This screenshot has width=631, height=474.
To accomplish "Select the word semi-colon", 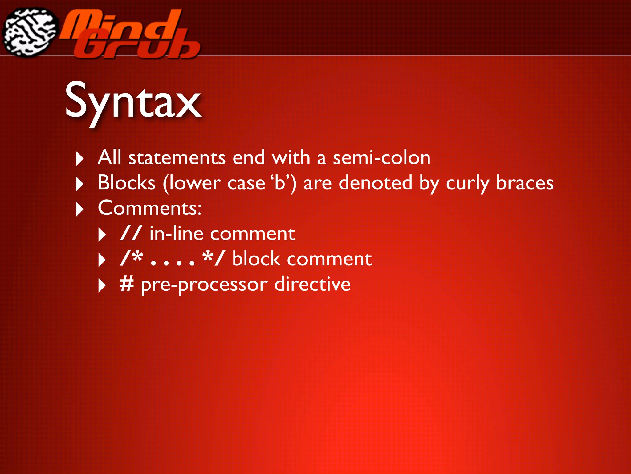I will click(x=381, y=158).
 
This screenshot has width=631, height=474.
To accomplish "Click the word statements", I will click(x=177, y=158).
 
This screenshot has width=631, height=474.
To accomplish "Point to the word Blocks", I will click(x=126, y=183).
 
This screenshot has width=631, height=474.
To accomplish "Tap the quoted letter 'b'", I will click(x=280, y=182).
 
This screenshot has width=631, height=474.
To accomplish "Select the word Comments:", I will click(x=150, y=208).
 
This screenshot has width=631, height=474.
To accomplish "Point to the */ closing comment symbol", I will click(x=214, y=258).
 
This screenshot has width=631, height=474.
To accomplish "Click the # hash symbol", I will click(x=127, y=284).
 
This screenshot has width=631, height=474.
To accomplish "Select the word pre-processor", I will click(x=204, y=285).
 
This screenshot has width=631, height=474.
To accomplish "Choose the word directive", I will click(x=312, y=284).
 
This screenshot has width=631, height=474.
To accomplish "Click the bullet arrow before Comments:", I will click(x=79, y=210).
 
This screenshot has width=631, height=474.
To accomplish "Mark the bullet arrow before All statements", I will click(x=79, y=159).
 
